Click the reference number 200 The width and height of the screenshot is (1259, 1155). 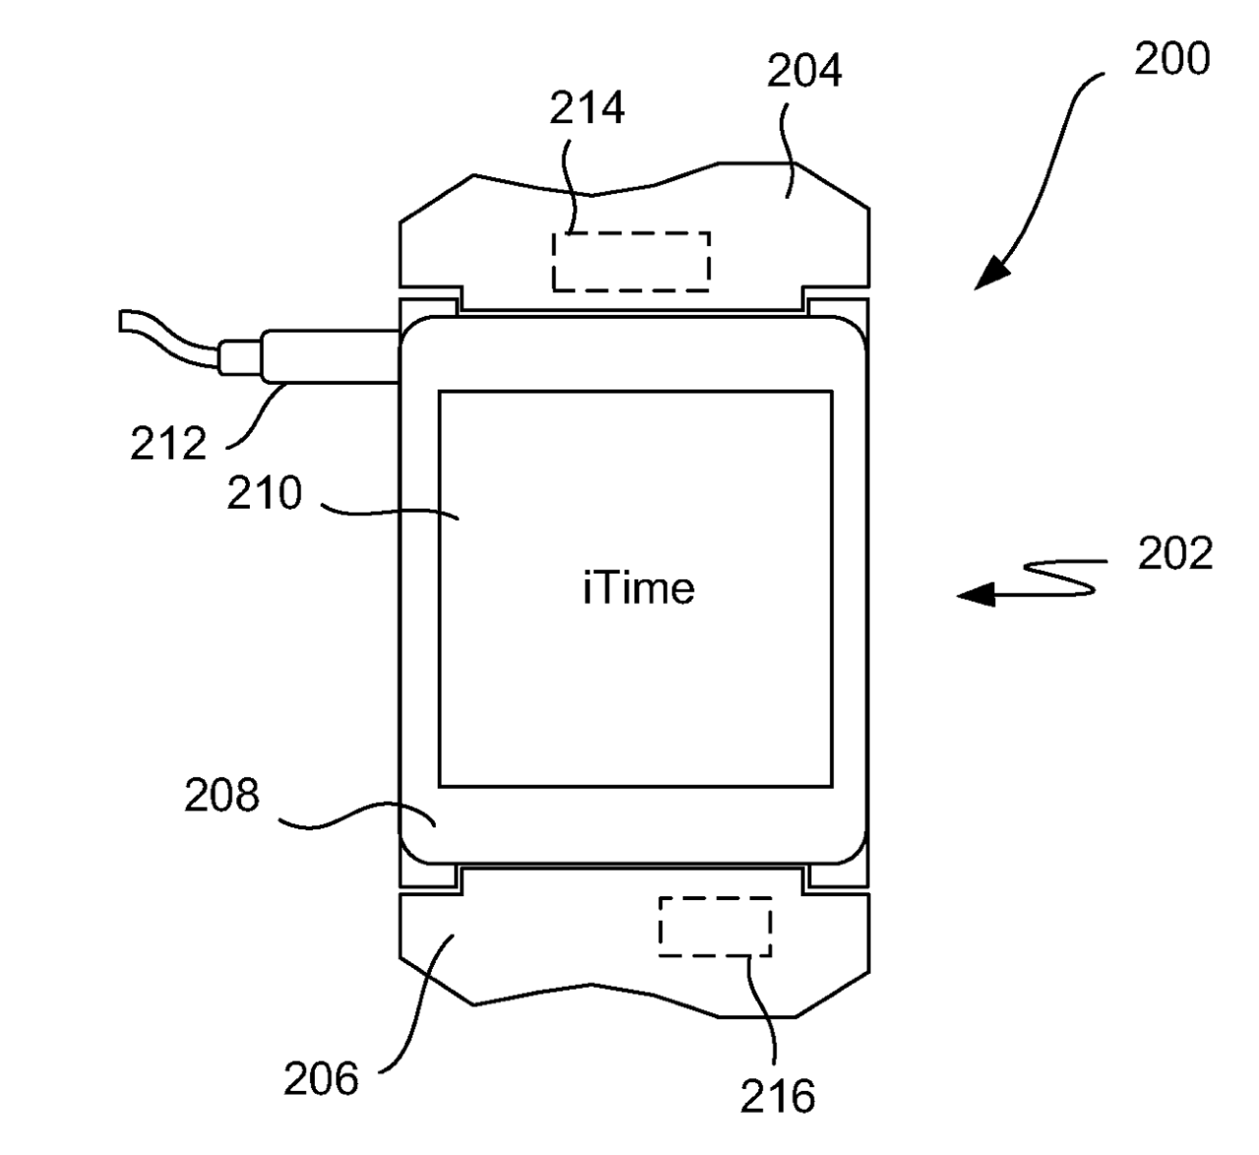pyautogui.click(x=1171, y=60)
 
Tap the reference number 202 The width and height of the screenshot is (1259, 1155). pyautogui.click(x=1175, y=554)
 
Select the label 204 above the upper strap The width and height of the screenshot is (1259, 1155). pyautogui.click(x=805, y=71)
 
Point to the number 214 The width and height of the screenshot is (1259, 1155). pyautogui.click(x=586, y=107)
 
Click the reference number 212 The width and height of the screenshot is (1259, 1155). pyautogui.click(x=168, y=445)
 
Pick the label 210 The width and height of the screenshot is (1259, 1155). pyautogui.click(x=264, y=493)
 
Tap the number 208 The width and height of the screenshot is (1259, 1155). pyautogui.click(x=221, y=795)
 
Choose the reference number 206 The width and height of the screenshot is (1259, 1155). pyautogui.click(x=322, y=1080)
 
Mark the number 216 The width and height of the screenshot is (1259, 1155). pyautogui.click(x=778, y=1096)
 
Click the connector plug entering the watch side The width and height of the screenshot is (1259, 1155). pyautogui.click(x=330, y=355)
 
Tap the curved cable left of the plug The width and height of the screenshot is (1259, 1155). pyautogui.click(x=167, y=338)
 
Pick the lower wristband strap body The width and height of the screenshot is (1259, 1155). pyautogui.click(x=551, y=944)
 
